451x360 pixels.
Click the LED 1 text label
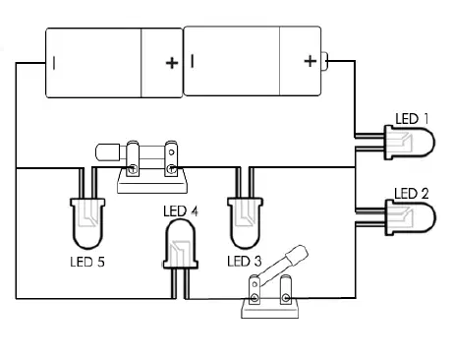[x=412, y=119]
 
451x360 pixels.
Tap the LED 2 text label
[x=412, y=194]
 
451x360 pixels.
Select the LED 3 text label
[x=245, y=262]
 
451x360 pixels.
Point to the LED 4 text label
[x=181, y=211]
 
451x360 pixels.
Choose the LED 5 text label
[x=87, y=262]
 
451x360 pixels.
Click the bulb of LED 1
[x=410, y=143]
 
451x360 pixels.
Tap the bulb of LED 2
[x=411, y=217]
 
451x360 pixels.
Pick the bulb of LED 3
[x=245, y=223]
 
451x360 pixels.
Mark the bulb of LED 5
[x=87, y=223]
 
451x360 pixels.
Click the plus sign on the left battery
[x=172, y=63]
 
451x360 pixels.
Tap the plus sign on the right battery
[x=310, y=61]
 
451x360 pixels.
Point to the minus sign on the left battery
[x=54, y=62]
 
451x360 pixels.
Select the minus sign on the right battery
[x=193, y=61]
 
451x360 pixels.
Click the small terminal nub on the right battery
[x=324, y=61]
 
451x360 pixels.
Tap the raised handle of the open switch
[x=297, y=254]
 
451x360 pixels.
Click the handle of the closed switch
[x=108, y=152]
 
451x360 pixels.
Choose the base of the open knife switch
[x=270, y=308]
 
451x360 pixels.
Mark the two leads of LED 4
[x=181, y=284]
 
